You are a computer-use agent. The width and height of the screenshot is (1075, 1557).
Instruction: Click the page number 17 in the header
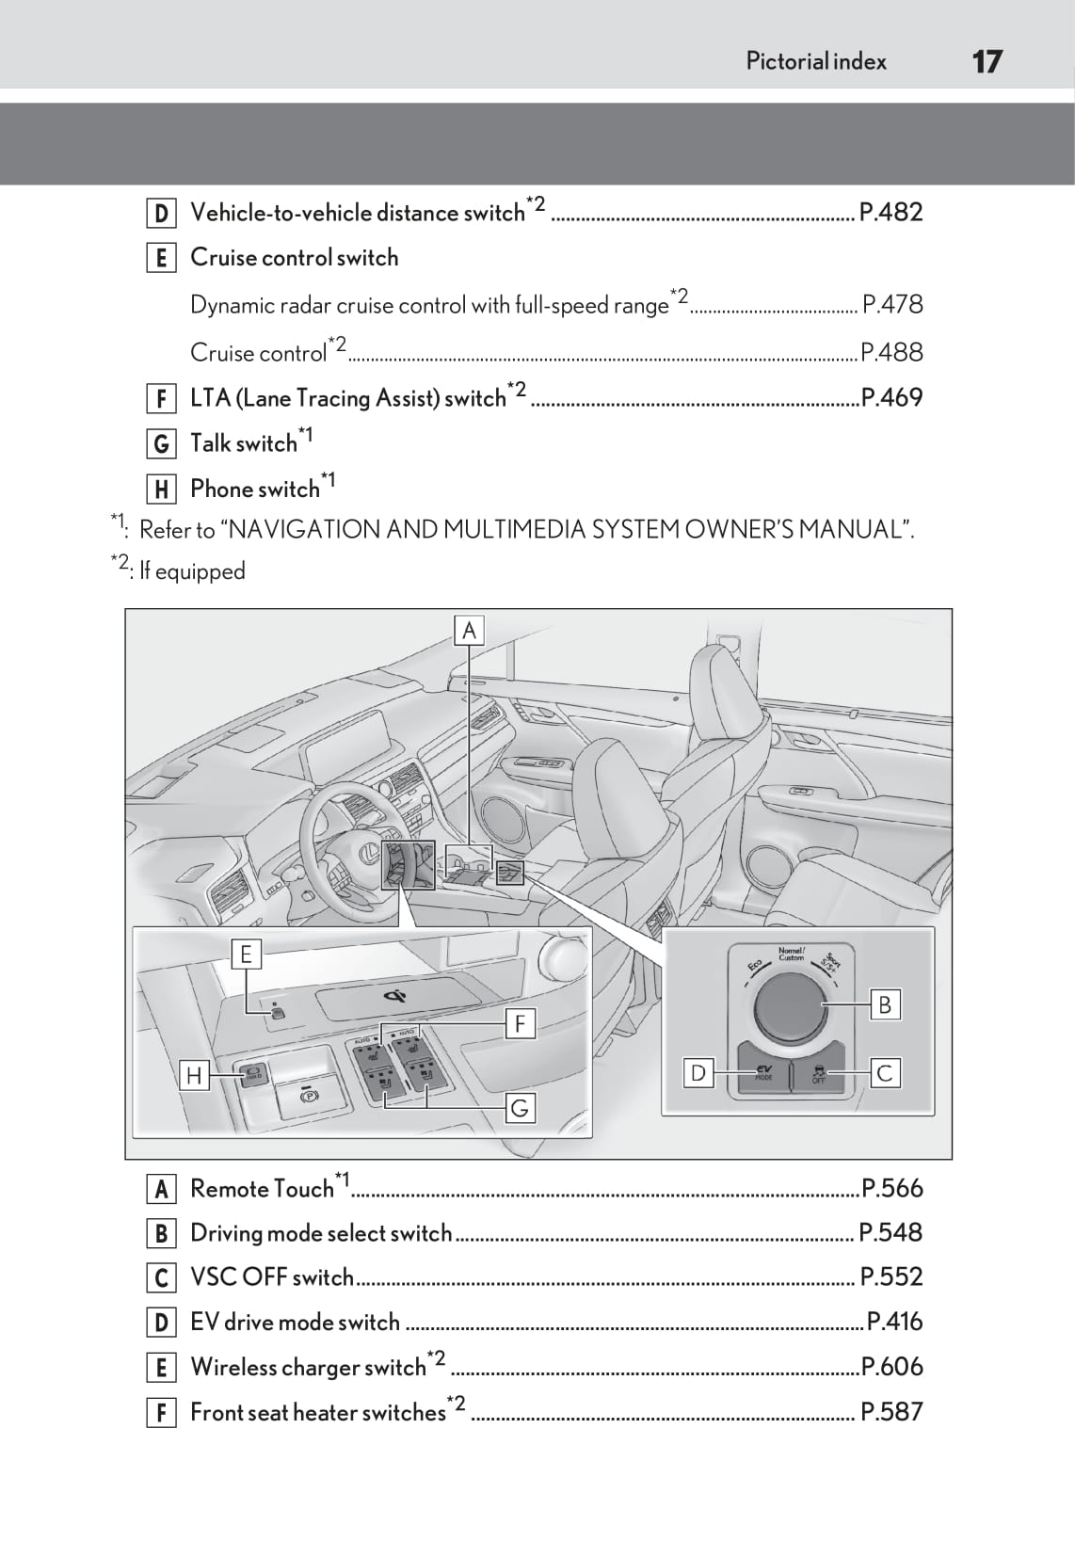[x=987, y=62]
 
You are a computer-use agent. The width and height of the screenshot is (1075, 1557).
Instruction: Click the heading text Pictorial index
[x=816, y=62]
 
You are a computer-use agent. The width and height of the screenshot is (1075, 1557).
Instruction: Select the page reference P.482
[x=890, y=212]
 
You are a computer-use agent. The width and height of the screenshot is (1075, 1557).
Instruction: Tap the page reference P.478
[x=892, y=304]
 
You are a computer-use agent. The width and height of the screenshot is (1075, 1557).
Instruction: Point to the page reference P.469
[x=891, y=397]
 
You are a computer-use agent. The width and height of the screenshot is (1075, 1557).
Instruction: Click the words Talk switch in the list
[x=244, y=443]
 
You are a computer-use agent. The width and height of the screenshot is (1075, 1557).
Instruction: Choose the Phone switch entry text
[x=255, y=490]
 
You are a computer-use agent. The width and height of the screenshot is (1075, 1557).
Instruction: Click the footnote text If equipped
[x=192, y=571]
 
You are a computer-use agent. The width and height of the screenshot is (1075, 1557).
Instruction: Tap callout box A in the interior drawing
[x=469, y=630]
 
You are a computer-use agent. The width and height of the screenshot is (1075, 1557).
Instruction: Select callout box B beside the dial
[x=884, y=1004]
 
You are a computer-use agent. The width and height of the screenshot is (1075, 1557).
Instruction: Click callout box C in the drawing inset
[x=884, y=1073]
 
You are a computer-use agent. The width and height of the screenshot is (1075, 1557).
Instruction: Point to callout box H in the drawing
[x=194, y=1075]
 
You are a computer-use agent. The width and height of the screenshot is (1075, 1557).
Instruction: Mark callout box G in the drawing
[x=520, y=1108]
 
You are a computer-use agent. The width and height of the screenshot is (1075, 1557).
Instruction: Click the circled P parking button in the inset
[x=307, y=1097]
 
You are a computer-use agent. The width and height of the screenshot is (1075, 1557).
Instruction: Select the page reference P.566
[x=892, y=1188]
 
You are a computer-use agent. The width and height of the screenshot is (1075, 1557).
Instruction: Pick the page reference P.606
[x=892, y=1367]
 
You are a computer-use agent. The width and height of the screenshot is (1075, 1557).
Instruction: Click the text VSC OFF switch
[x=272, y=1277]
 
